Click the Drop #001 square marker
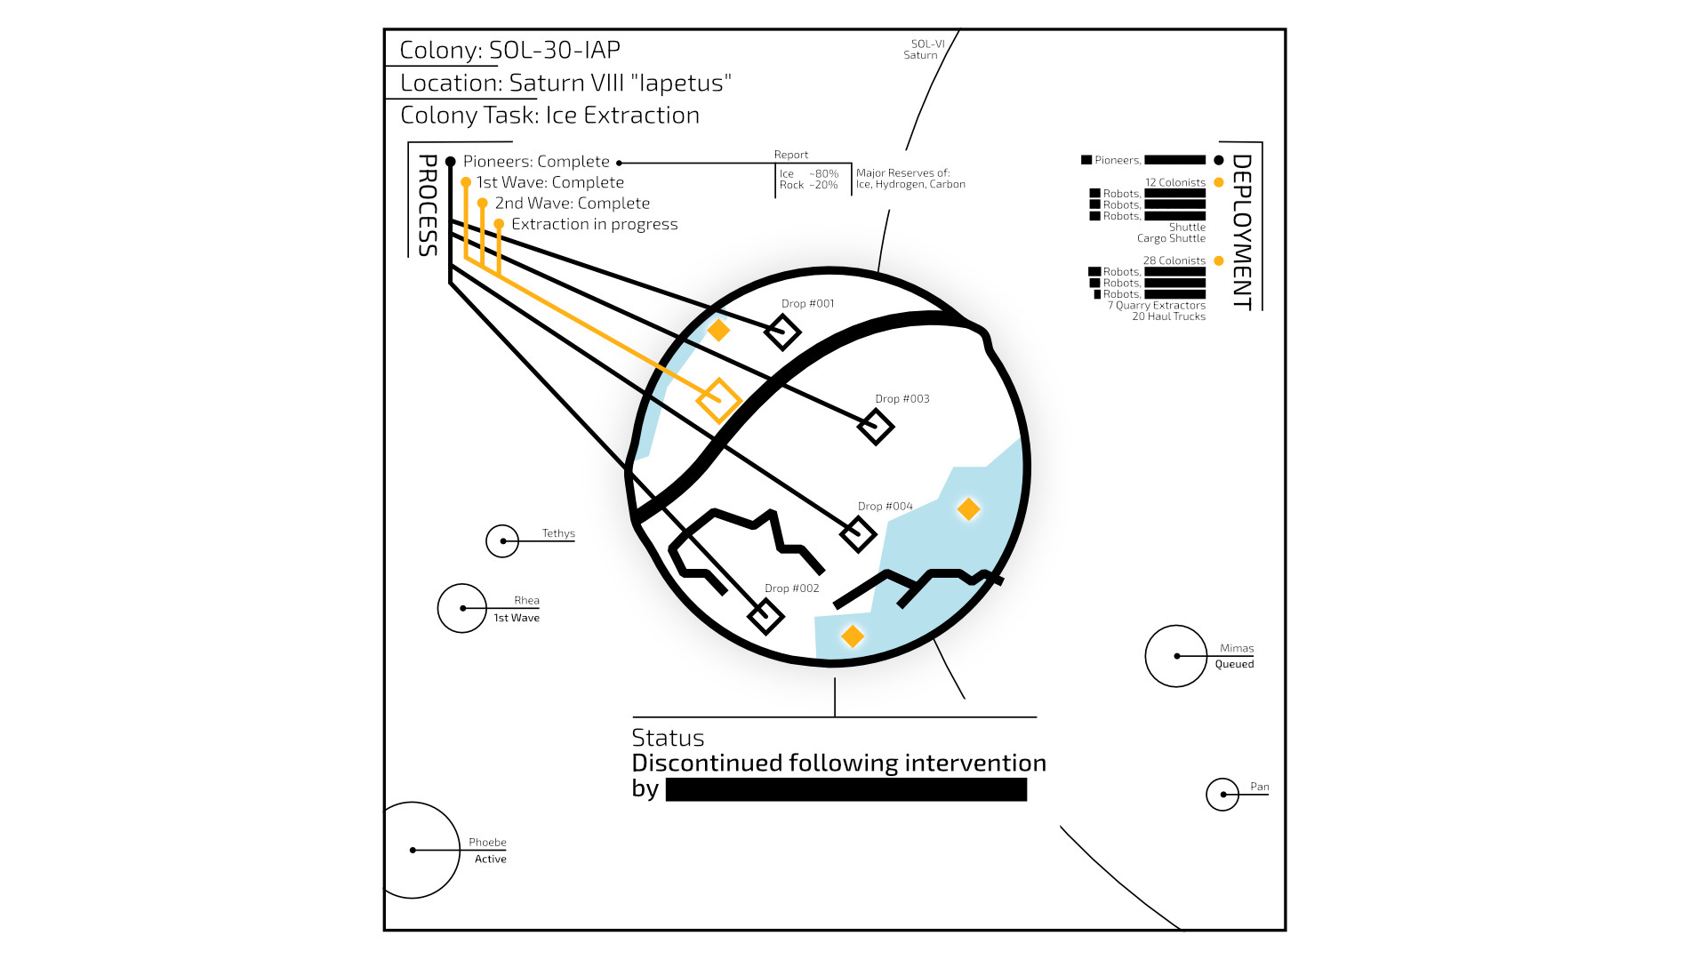tap(782, 333)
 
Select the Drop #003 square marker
tap(876, 427)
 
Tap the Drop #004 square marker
tap(858, 534)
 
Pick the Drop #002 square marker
tap(765, 615)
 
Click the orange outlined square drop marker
tap(718, 400)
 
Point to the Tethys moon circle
tap(502, 540)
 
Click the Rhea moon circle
tap(462, 608)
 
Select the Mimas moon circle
tap(1176, 656)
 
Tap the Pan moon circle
tap(1222, 794)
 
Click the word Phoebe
tap(487, 842)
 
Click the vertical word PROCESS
tap(428, 205)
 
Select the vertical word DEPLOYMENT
tap(1242, 232)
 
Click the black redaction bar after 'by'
tap(845, 789)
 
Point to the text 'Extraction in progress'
tap(594, 224)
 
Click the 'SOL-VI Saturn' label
tap(923, 49)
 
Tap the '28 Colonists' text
tap(1174, 260)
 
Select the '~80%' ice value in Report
tap(823, 173)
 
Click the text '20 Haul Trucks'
tap(1168, 316)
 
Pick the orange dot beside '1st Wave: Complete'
tap(466, 182)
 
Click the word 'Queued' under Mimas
tap(1234, 664)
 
